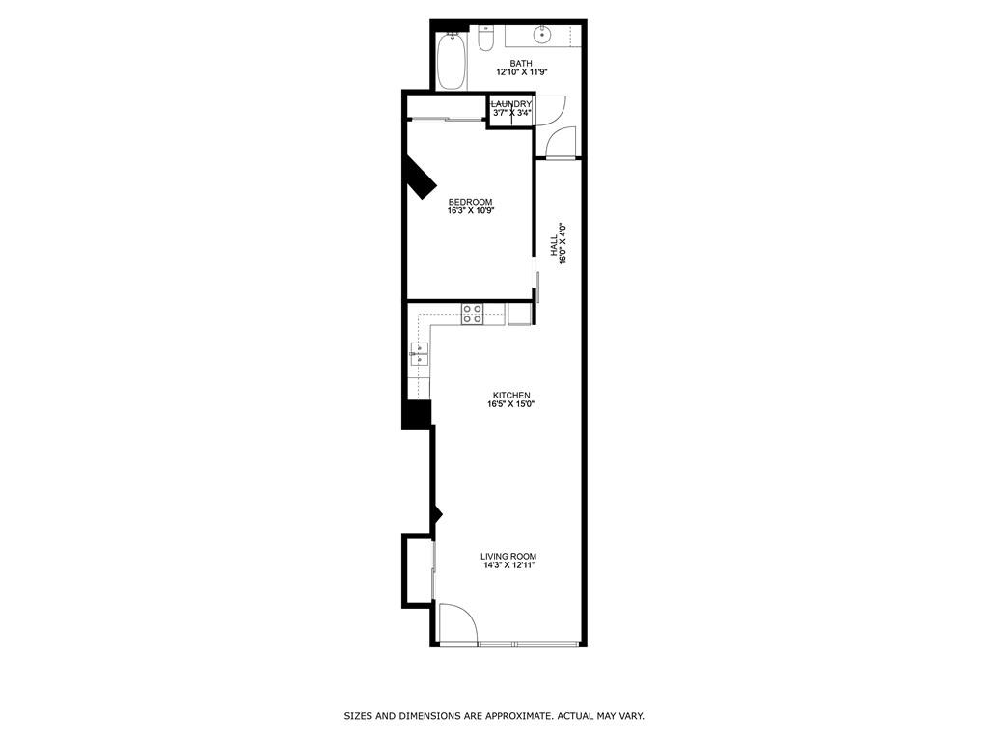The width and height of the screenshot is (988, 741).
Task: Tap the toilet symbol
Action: (x=486, y=40)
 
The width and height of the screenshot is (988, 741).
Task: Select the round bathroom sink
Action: (x=543, y=37)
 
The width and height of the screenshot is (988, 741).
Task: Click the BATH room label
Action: (x=521, y=64)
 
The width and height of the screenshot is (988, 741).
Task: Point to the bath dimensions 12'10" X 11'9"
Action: (x=521, y=72)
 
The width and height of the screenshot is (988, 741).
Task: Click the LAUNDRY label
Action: (x=511, y=104)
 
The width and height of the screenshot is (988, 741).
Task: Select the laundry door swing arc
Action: (x=549, y=110)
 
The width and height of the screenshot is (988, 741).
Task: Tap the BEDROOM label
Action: (x=470, y=202)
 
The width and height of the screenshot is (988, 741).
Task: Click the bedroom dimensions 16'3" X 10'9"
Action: (x=470, y=210)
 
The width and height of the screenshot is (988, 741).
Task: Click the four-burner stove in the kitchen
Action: (x=473, y=314)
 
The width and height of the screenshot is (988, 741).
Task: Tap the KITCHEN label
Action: (x=511, y=396)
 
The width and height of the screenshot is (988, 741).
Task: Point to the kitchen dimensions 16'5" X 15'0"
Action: (x=511, y=404)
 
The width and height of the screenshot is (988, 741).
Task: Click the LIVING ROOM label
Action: (x=508, y=556)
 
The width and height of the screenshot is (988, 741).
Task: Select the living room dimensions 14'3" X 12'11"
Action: (x=508, y=565)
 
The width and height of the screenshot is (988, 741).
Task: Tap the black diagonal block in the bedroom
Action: (x=420, y=178)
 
